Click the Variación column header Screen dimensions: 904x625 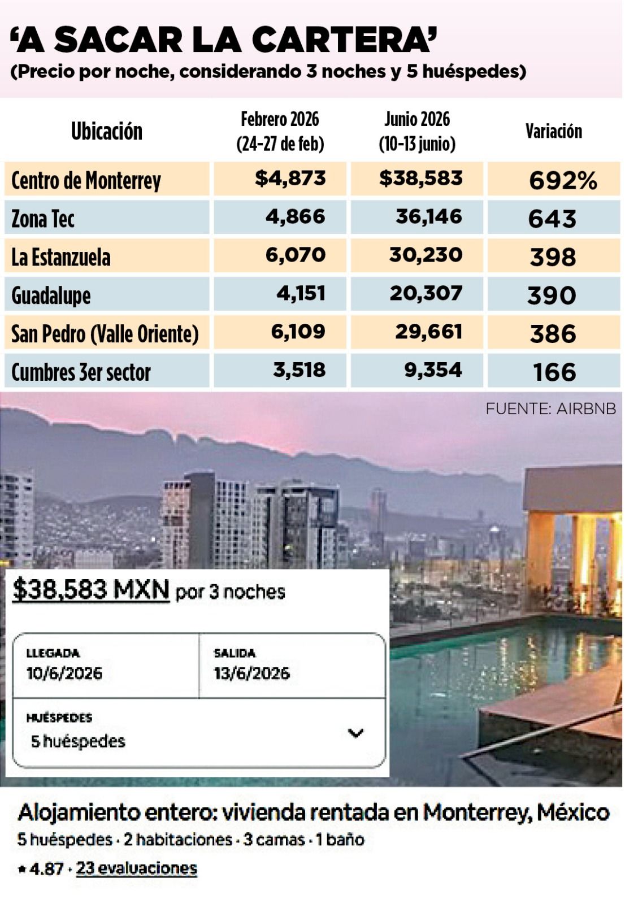coord(553,132)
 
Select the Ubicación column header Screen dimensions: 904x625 coord(106,132)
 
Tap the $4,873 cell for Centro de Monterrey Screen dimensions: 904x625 coord(290,179)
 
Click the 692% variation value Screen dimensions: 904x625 coord(563,181)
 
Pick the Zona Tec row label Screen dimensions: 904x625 coord(43,219)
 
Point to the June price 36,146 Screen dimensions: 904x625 coord(428,217)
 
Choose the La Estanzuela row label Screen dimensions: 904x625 coord(61,257)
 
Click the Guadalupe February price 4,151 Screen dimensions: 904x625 coord(301,294)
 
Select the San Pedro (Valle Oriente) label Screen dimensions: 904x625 coord(105,333)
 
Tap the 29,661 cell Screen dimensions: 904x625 coord(428,332)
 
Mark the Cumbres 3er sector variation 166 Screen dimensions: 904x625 coord(554,372)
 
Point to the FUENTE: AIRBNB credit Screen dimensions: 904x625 coord(550,408)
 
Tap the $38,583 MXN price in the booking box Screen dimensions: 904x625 coord(91,590)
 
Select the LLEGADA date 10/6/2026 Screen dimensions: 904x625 coord(64,673)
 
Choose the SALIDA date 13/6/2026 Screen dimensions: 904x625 coord(251,673)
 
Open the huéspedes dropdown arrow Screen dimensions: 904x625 coord(355,733)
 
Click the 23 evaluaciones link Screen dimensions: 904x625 coord(136,868)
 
